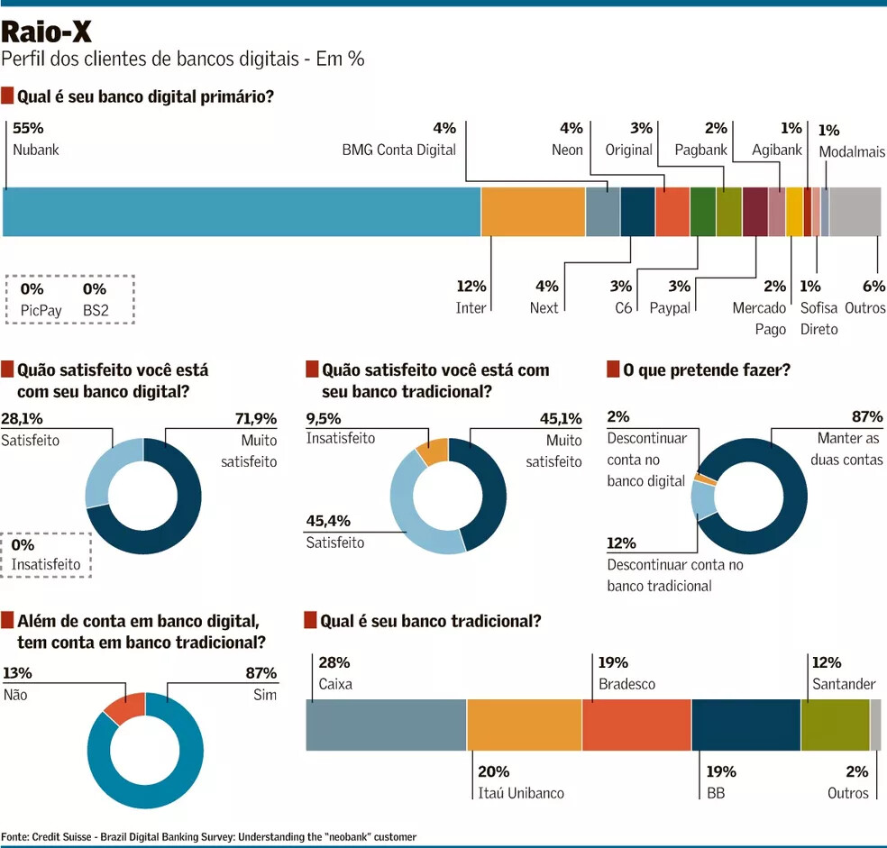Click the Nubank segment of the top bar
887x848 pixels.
click(x=242, y=212)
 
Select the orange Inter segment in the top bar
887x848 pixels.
click(x=533, y=212)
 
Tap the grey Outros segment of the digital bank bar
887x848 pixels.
click(x=855, y=212)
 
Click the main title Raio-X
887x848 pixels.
click(x=46, y=32)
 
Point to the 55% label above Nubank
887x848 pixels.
click(x=28, y=128)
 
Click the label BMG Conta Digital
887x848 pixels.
click(x=398, y=150)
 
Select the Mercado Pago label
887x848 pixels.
click(x=759, y=318)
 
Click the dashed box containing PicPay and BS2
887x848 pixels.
click(x=69, y=299)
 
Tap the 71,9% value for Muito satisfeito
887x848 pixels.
click(x=257, y=418)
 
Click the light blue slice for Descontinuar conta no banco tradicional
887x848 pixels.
click(x=703, y=499)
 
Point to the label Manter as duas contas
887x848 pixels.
click(x=850, y=449)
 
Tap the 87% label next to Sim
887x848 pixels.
click(x=261, y=673)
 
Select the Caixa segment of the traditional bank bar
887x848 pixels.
click(x=386, y=725)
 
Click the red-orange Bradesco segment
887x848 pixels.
click(x=636, y=725)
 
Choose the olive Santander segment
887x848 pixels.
click(x=835, y=725)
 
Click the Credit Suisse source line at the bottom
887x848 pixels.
click(x=209, y=837)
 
